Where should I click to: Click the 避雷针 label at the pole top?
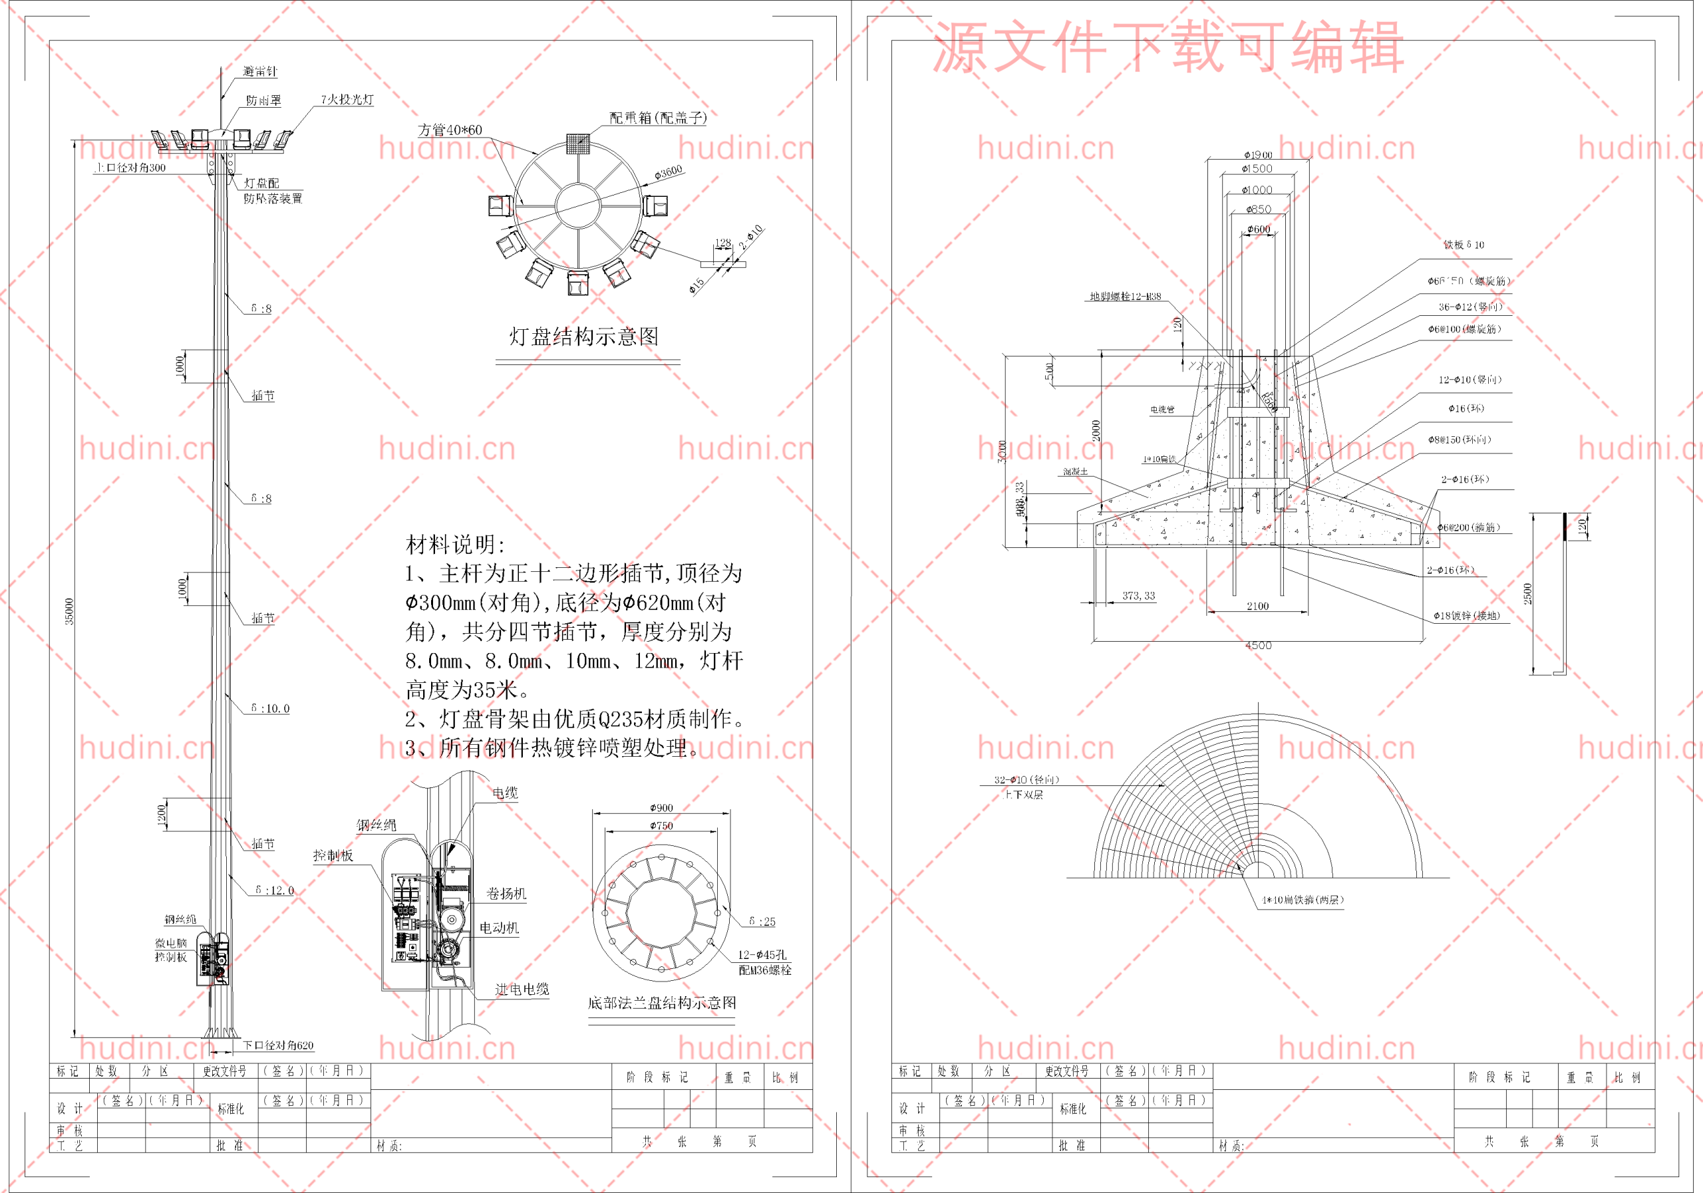tap(259, 72)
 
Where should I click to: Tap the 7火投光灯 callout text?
tap(347, 99)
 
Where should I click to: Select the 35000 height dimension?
tap(70, 612)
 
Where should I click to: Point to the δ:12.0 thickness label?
tap(275, 890)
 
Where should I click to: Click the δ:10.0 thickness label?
tap(270, 709)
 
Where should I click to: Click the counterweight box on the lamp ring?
tap(578, 143)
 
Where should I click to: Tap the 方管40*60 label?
tap(450, 130)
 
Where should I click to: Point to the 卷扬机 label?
tap(506, 894)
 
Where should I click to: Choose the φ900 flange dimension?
tap(661, 808)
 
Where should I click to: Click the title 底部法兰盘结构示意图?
tap(662, 1003)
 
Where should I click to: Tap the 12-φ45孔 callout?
tap(762, 955)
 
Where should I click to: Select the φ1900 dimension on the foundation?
tap(1258, 155)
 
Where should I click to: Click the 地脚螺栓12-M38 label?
tap(1124, 297)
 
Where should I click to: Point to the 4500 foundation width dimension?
tap(1258, 646)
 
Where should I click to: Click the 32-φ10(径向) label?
tap(1026, 780)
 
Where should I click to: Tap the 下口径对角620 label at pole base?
tap(278, 1046)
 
